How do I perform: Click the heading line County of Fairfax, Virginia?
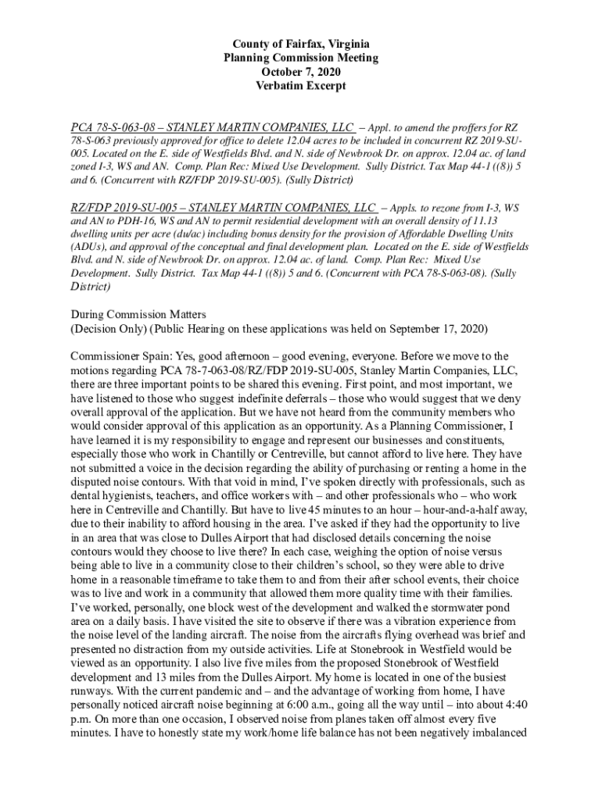coord(301,44)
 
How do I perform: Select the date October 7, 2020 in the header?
coord(301,72)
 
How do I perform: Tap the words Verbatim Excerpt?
coord(301,86)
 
